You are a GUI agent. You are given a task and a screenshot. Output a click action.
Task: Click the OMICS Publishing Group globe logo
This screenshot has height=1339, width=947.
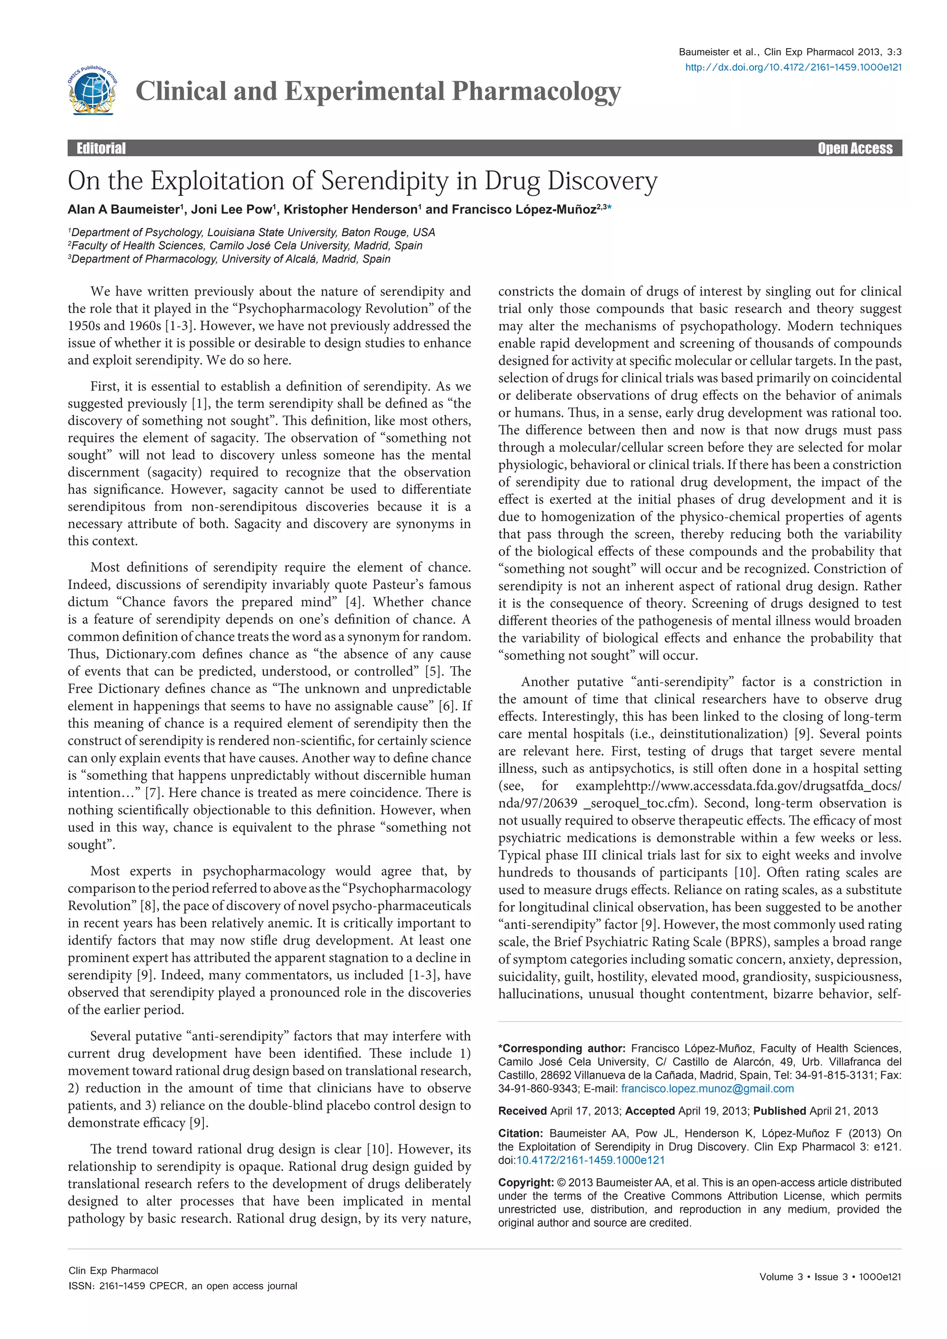[x=92, y=91]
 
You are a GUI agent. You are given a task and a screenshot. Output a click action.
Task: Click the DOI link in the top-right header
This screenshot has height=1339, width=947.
[x=793, y=68]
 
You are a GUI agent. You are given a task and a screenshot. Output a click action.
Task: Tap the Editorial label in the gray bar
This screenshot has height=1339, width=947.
[x=101, y=148]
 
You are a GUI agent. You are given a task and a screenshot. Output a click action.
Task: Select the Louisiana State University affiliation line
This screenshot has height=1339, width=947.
[x=252, y=232]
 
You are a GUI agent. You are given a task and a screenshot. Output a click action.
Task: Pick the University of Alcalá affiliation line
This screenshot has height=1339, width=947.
[x=230, y=259]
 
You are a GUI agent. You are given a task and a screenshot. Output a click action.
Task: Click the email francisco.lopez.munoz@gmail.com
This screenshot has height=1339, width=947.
[x=707, y=1089]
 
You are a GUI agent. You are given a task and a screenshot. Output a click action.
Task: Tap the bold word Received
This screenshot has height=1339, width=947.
[x=523, y=1111]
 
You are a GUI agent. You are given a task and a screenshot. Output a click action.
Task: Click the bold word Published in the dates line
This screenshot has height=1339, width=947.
[x=779, y=1111]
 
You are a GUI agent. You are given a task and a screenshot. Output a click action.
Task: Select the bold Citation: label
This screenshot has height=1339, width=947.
[x=521, y=1133]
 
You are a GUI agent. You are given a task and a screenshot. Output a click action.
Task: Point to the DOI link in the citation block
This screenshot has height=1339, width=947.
[x=590, y=1160]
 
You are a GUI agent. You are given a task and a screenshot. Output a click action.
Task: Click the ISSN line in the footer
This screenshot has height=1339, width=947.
[x=183, y=1286]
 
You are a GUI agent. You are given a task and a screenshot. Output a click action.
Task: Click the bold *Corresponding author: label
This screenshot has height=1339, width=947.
[x=561, y=1048]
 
